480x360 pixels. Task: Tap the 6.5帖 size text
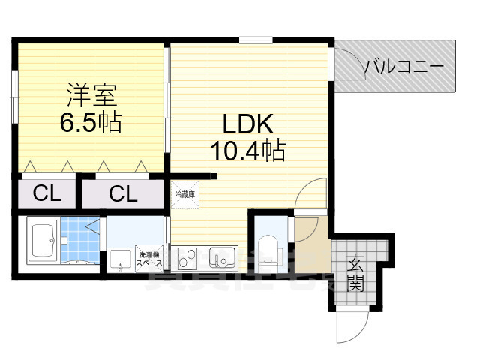coord(91,122)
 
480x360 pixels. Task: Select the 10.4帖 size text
coord(247,152)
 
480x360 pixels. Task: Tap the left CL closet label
coord(46,194)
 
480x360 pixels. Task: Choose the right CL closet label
coord(123,194)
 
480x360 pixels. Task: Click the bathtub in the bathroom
coord(43,241)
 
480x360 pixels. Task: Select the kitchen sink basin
coord(223,259)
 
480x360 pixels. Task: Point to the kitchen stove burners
coord(188,259)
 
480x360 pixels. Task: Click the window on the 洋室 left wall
coord(14,93)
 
